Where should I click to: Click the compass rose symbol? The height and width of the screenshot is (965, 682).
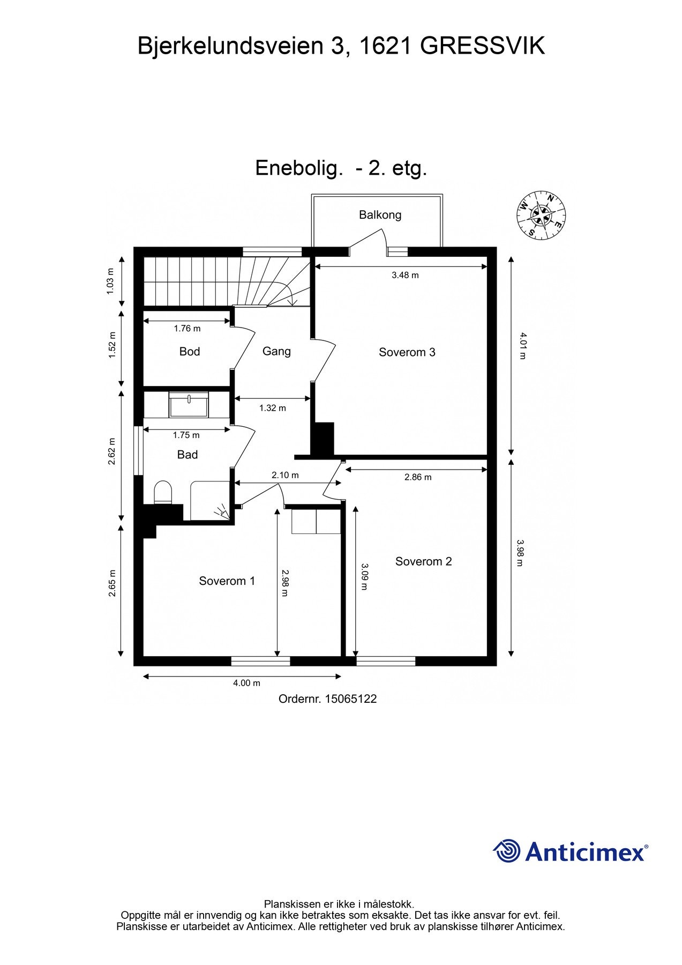tap(541, 215)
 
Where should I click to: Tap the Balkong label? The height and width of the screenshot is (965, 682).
tap(380, 215)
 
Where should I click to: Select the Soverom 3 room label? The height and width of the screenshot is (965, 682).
tap(407, 352)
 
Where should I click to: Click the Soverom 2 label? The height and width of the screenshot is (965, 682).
tap(423, 561)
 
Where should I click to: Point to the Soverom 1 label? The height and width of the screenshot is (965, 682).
tap(227, 581)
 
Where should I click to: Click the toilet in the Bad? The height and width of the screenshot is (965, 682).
tap(163, 493)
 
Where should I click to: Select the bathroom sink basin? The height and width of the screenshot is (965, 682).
tap(189, 405)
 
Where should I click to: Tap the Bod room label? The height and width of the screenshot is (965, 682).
tap(189, 352)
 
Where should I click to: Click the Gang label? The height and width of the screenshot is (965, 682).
tap(276, 351)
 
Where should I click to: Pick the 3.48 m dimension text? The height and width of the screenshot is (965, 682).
tap(405, 276)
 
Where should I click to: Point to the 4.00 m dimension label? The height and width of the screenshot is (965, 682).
tap(246, 683)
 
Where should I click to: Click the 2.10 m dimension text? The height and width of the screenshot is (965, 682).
tap(285, 476)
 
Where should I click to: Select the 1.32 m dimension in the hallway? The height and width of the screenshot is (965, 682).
tap(272, 408)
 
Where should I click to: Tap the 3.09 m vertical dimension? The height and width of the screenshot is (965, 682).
tap(364, 576)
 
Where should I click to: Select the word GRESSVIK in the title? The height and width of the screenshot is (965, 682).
tap(482, 46)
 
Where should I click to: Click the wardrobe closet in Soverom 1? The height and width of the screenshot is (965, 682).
tap(316, 521)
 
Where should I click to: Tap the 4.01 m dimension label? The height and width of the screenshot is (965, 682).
tap(523, 346)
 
